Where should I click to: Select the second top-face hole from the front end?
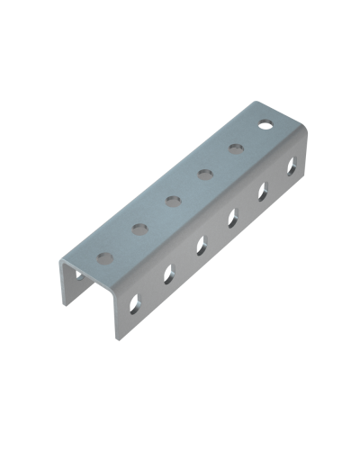[x=139, y=229]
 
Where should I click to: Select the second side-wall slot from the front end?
[x=167, y=273]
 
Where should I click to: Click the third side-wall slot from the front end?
[x=199, y=243]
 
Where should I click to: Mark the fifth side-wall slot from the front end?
[x=263, y=189]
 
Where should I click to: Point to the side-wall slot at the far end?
[x=292, y=164]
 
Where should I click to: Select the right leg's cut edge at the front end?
[x=117, y=315]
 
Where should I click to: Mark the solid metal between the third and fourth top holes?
[x=187, y=187]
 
